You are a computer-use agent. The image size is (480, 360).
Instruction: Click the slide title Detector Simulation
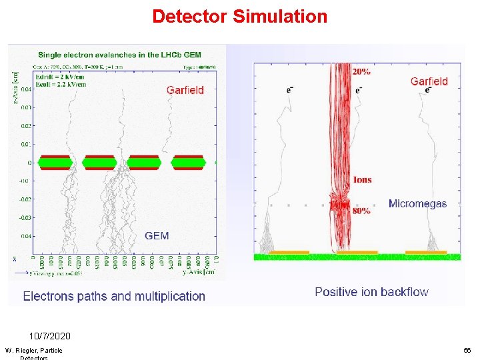[x=239, y=16]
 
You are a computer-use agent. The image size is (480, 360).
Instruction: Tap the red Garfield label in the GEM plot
[x=185, y=90]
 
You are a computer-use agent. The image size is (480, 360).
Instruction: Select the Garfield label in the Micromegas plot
[x=429, y=81]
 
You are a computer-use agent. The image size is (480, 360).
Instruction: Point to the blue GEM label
[x=157, y=235]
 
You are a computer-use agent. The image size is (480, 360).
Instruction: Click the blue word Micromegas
[x=417, y=203]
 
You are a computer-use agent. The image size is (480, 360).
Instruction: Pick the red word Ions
[x=363, y=180]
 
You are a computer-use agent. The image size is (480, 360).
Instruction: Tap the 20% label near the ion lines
[x=363, y=71]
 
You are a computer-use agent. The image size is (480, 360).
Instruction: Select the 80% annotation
[x=363, y=211]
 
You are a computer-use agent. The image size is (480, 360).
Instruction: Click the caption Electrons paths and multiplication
[x=114, y=296]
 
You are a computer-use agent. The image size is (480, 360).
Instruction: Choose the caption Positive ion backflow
[x=371, y=291]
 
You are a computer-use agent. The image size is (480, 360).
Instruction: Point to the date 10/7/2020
[x=49, y=336]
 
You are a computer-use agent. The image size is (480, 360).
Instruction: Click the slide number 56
[x=467, y=350]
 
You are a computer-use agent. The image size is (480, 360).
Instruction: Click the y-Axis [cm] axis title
[x=199, y=272]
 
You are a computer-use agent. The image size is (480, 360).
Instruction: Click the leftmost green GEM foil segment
[x=55, y=163]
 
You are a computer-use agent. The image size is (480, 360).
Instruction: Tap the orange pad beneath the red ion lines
[x=357, y=253]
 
